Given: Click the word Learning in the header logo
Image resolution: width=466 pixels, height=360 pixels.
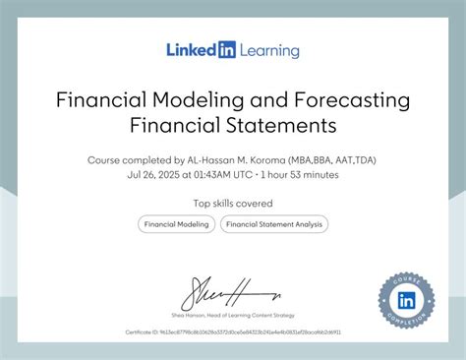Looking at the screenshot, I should click(267, 50).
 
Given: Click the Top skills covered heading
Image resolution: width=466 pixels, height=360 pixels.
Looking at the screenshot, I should click(232, 204).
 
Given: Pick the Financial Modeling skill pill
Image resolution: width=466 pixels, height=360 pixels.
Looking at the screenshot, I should click(176, 224).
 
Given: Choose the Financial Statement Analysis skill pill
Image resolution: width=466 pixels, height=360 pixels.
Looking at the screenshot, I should click(273, 224).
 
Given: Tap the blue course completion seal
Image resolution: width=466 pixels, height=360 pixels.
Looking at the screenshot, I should click(406, 299).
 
